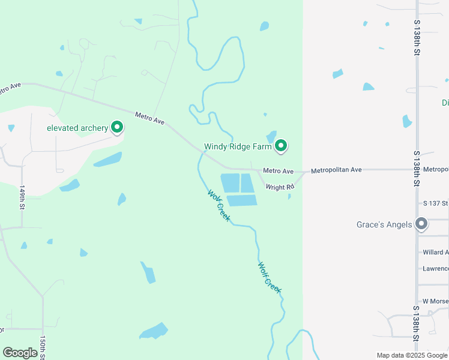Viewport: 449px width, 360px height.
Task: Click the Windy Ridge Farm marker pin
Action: pyautogui.click(x=281, y=146)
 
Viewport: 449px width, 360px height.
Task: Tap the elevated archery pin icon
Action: pyautogui.click(x=118, y=127)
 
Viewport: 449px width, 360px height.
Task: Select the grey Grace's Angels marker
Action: pyautogui.click(x=422, y=224)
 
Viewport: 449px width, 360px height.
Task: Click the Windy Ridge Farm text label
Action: pyautogui.click(x=238, y=146)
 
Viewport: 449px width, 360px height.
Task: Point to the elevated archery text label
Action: pyautogui.click(x=77, y=128)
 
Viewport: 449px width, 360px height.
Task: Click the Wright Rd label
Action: pyautogui.click(x=280, y=187)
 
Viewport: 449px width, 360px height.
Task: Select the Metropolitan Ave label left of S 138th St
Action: pyautogui.click(x=336, y=170)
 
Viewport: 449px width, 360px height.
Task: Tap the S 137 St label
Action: pyautogui.click(x=435, y=203)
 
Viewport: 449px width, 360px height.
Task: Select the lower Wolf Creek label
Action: pyautogui.click(x=270, y=277)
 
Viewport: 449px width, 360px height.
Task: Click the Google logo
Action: pyautogui.click(x=20, y=353)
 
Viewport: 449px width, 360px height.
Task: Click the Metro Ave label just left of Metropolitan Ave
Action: pyautogui.click(x=278, y=171)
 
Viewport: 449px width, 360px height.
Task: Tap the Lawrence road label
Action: pyautogui.click(x=435, y=268)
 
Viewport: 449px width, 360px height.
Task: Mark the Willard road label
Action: pyautogui.click(x=435, y=252)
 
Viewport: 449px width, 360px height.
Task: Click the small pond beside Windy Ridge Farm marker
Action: pyautogui.click(x=271, y=137)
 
